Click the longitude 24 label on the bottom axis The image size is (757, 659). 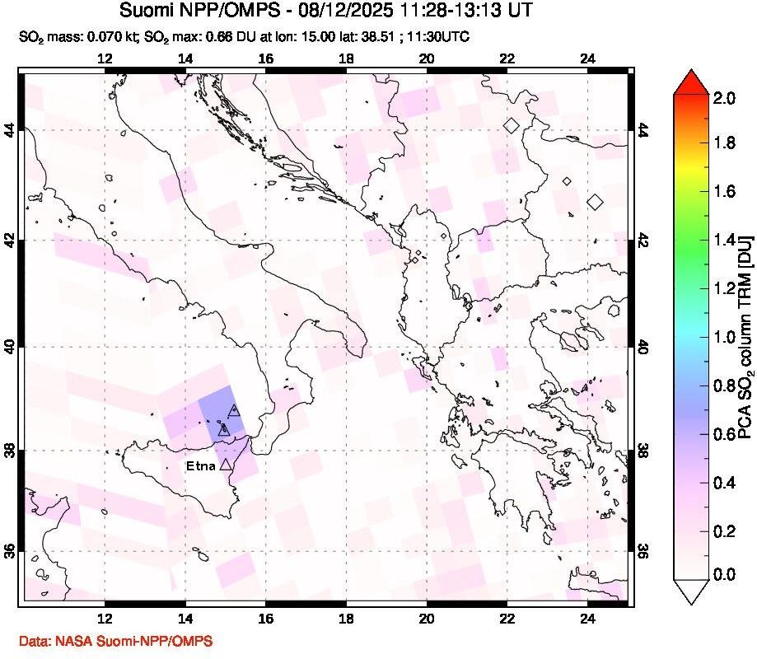point(587,622)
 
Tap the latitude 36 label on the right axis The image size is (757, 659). point(643,550)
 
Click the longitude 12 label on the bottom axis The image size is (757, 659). point(105,622)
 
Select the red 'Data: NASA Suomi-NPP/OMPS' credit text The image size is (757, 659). point(114,641)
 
